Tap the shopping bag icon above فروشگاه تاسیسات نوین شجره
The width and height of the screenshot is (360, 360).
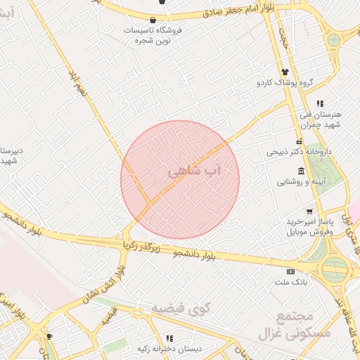pyautogui.click(x=153, y=19)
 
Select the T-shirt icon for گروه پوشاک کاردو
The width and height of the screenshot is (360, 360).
pyautogui.click(x=285, y=72)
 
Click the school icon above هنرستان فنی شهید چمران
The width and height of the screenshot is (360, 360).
pyautogui.click(x=320, y=103)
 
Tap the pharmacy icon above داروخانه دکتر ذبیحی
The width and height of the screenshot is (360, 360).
pyautogui.click(x=299, y=141)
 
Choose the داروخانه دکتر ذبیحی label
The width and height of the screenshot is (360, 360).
pyautogui.click(x=294, y=151)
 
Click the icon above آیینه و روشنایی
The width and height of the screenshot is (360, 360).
pyautogui.click(x=301, y=172)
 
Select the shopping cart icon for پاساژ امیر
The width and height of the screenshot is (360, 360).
pyautogui.click(x=309, y=211)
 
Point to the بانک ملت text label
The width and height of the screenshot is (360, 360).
pyautogui.click(x=289, y=282)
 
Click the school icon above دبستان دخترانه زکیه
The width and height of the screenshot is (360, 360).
pyautogui.click(x=169, y=337)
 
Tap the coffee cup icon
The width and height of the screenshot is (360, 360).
pyautogui.click(x=49, y=337)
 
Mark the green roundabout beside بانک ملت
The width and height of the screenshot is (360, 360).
pyautogui.click(x=335, y=268)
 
